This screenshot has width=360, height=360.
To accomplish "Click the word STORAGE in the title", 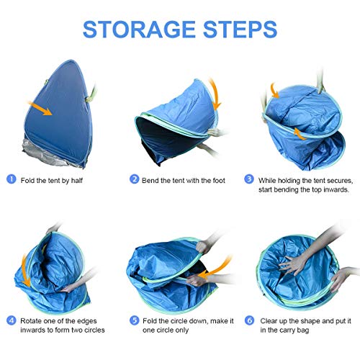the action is pyautogui.click(x=139, y=30).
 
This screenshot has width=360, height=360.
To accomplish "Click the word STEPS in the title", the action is pyautogui.click(x=240, y=30).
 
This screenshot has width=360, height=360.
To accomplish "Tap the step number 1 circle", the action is pyautogui.click(x=12, y=179).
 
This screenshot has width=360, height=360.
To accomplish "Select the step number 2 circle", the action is pyautogui.click(x=134, y=179).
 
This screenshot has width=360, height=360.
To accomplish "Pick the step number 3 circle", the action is pyautogui.click(x=249, y=179).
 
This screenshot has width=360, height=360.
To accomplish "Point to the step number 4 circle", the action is pyautogui.click(x=12, y=320).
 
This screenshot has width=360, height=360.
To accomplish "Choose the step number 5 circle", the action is pyautogui.click(x=134, y=320).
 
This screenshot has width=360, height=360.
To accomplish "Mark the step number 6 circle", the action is pyautogui.click(x=250, y=320).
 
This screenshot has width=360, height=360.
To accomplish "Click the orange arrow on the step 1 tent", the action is pyautogui.click(x=40, y=108).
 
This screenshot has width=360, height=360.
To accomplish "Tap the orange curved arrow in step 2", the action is pyautogui.click(x=216, y=94).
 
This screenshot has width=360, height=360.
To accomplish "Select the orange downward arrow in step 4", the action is pyautogui.click(x=25, y=271).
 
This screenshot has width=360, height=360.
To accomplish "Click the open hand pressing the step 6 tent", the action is pyautogui.click(x=293, y=264).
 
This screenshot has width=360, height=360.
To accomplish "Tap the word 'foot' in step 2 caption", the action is pyautogui.click(x=219, y=181).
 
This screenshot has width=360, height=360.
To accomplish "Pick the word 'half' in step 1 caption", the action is pyautogui.click(x=77, y=181).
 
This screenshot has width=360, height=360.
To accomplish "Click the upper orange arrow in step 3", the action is pyautogui.click(x=274, y=91).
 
